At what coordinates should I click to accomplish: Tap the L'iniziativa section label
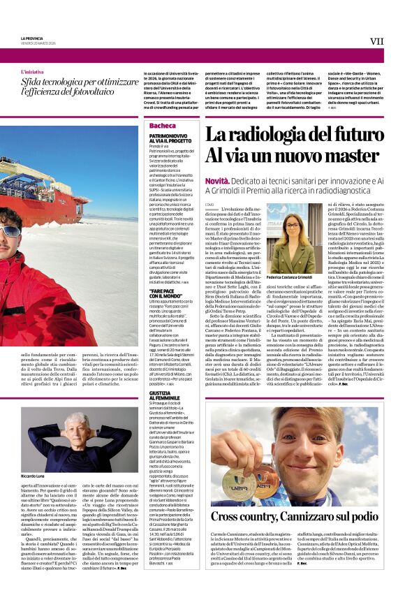click(32, 72)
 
